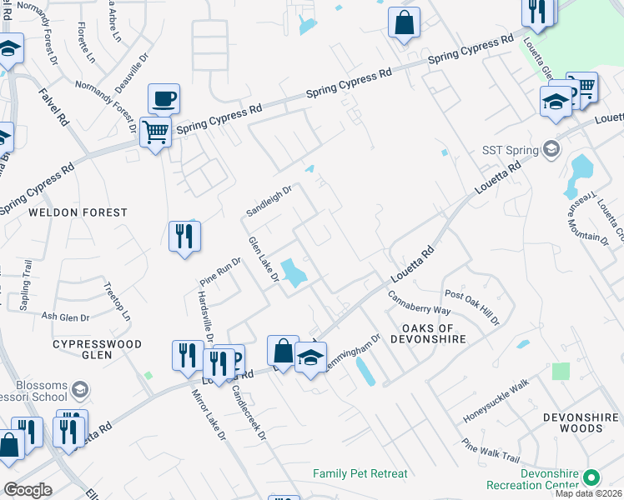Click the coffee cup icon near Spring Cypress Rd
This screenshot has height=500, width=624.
(164, 99)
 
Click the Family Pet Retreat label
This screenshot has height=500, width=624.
(360, 473)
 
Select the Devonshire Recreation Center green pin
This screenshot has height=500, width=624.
(591, 478)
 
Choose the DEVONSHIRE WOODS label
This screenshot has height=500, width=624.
(572, 422)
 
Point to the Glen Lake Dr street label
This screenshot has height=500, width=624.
(262, 259)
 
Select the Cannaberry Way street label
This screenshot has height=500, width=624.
(420, 298)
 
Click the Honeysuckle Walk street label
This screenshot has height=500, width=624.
(496, 398)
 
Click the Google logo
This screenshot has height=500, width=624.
(28, 489)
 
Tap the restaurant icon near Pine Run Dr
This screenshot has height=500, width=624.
(184, 236)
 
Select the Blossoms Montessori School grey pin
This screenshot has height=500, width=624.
(80, 389)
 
